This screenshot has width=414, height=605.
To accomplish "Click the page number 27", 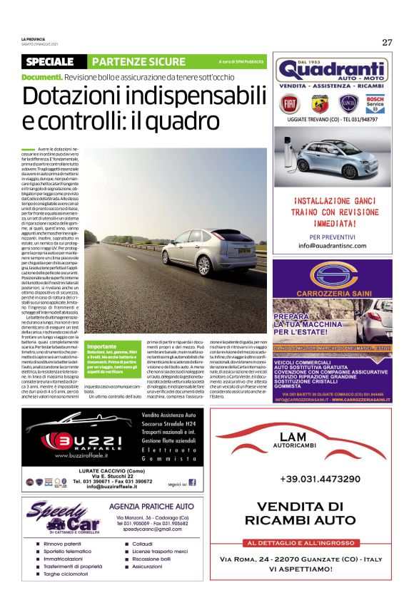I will (x=387, y=42).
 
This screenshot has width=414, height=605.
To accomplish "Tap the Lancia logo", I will (x=348, y=104).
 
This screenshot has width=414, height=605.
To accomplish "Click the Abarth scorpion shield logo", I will (x=319, y=104).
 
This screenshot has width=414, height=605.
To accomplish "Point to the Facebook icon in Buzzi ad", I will (x=193, y=482).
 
